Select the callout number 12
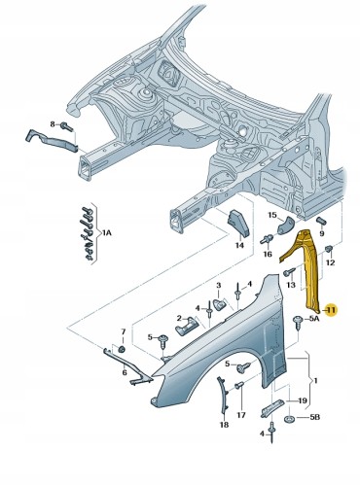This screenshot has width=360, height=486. [330, 263]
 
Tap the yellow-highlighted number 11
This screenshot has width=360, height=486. [330, 310]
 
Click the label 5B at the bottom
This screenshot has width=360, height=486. [313, 420]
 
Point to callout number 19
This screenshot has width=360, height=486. [302, 399]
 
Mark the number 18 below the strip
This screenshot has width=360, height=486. [224, 425]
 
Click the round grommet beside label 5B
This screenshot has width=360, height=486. [289, 420]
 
